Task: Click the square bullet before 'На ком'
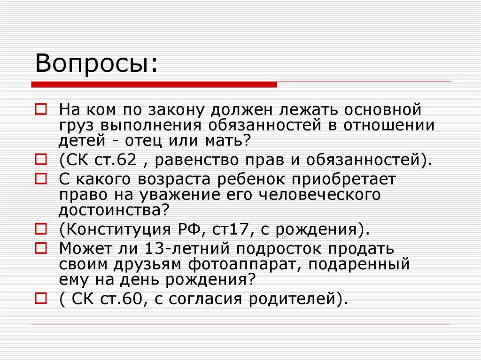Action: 41,110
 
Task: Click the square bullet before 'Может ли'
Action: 41,247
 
